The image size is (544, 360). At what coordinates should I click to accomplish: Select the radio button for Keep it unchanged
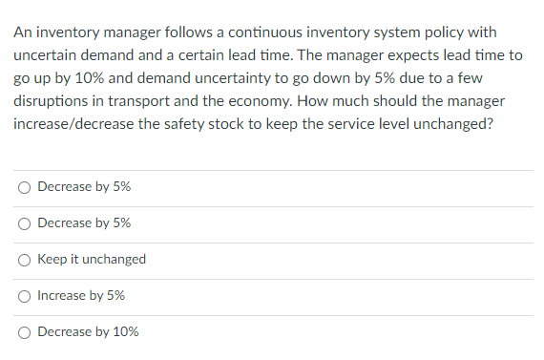pyautogui.click(x=24, y=260)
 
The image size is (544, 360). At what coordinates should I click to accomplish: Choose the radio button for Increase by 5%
pyautogui.click(x=24, y=296)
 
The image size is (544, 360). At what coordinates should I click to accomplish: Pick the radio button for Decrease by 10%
pyautogui.click(x=24, y=332)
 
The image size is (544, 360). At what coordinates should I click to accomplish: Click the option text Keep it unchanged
pyautogui.click(x=92, y=260)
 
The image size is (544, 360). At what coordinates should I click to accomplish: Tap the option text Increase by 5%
pyautogui.click(x=81, y=296)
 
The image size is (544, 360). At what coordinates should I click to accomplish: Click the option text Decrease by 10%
pyautogui.click(x=88, y=332)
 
